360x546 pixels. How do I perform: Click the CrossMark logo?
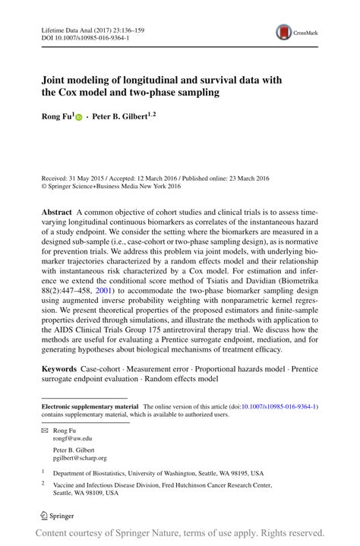tap(296, 33)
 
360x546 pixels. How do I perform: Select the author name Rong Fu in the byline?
tap(56, 118)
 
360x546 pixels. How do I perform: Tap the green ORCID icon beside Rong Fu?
tap(77, 119)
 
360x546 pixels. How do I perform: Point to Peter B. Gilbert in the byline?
tap(122, 118)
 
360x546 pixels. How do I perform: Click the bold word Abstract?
tap(57, 212)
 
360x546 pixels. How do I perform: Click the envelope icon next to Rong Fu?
tap(45, 429)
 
